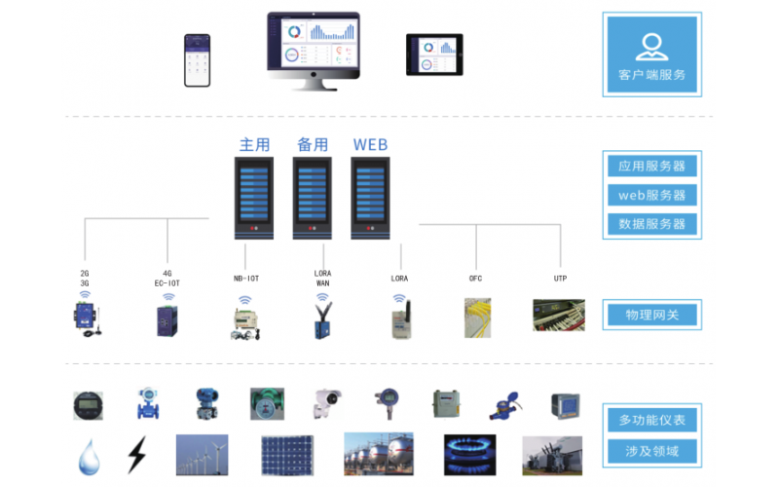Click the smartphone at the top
(198, 60)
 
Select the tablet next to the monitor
(434, 55)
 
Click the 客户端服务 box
(651, 54)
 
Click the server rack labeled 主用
(254, 199)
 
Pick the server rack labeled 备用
(313, 199)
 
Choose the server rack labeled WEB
(370, 199)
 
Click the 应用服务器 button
(651, 165)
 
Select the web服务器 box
(651, 195)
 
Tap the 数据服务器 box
(651, 224)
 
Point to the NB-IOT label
(245, 279)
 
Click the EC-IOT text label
(167, 283)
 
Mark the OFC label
(476, 279)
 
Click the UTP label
(560, 279)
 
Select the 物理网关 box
(651, 315)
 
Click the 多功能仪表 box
(651, 421)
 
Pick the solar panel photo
(287, 455)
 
